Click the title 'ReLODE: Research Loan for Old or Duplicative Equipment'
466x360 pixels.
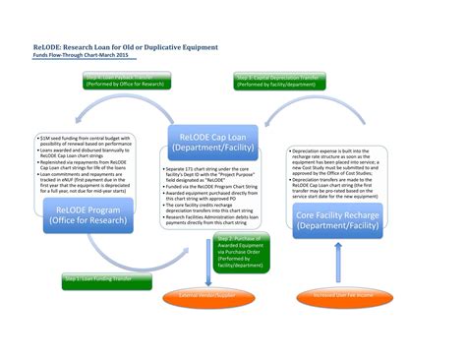click(114, 45)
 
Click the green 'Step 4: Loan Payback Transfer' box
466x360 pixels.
click(124, 80)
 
